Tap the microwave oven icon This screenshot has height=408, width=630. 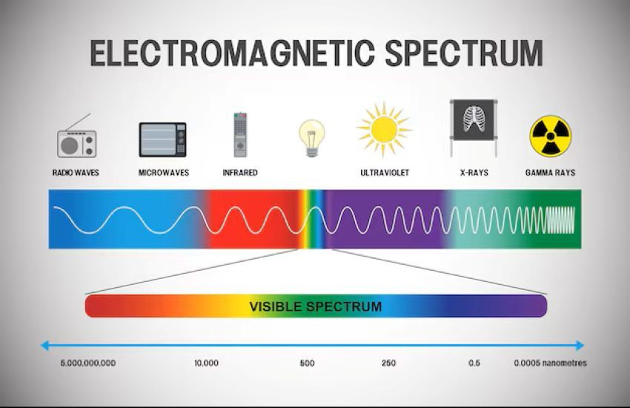click(x=163, y=139)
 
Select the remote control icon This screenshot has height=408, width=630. click(x=240, y=135)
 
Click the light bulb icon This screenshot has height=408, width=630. click(x=312, y=138)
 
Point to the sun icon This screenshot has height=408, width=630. click(x=384, y=128)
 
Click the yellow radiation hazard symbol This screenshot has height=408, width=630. click(x=551, y=136)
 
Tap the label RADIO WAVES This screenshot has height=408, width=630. click(x=76, y=172)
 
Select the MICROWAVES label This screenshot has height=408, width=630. click(x=164, y=172)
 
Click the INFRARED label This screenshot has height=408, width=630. click(x=240, y=172)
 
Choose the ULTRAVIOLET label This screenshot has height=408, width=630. click(x=385, y=172)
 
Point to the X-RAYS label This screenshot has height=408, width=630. click(x=474, y=172)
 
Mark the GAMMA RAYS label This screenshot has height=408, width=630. click(x=551, y=172)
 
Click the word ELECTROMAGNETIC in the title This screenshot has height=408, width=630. click(x=233, y=53)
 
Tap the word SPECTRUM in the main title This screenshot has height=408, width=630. click(x=464, y=53)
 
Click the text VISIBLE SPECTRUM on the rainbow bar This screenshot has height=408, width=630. click(x=316, y=306)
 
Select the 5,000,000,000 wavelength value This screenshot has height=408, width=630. click(x=88, y=363)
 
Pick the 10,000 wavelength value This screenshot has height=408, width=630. click(x=207, y=363)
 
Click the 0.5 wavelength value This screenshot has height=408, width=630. click(x=474, y=363)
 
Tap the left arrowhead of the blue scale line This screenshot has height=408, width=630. click(x=44, y=345)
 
